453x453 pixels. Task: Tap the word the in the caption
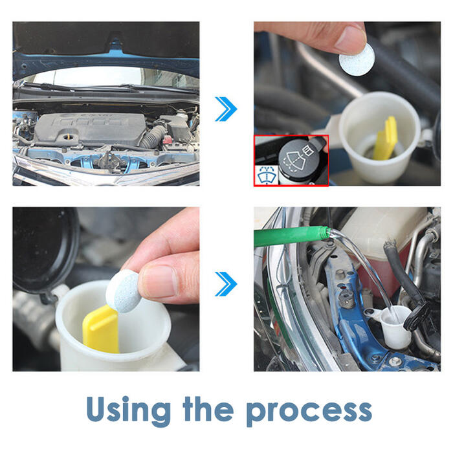tap(208, 408)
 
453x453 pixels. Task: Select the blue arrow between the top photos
tap(226, 109)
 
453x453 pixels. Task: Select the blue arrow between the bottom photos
tap(226, 284)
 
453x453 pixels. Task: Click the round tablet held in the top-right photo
tap(357, 60)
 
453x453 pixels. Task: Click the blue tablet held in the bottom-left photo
tap(124, 291)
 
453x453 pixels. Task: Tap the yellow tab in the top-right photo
tap(385, 139)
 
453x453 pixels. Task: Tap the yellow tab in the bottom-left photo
tap(101, 329)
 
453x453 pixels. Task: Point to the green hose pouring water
tap(292, 236)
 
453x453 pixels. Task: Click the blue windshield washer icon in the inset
tap(267, 175)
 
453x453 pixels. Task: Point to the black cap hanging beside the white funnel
tap(417, 316)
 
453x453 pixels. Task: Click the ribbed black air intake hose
tap(153, 137)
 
